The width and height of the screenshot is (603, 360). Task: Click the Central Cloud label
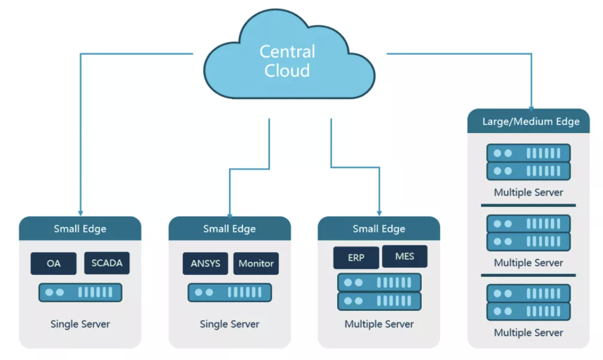click(288, 61)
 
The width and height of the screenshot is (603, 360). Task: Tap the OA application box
click(54, 263)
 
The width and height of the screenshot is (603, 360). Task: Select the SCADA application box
click(107, 263)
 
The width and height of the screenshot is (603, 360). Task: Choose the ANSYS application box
click(205, 263)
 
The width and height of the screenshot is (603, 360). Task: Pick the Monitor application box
click(256, 263)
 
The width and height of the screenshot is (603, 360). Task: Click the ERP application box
click(356, 257)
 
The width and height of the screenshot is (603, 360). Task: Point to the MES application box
click(404, 256)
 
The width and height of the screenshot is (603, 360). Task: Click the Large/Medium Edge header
click(529, 121)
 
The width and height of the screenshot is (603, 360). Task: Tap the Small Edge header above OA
click(80, 229)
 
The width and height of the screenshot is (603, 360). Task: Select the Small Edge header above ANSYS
click(229, 229)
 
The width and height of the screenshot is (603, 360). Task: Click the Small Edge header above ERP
click(379, 229)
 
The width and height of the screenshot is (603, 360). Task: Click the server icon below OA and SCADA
click(81, 292)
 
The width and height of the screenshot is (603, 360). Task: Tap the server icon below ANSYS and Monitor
click(229, 292)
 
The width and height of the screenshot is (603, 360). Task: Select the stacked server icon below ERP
click(379, 292)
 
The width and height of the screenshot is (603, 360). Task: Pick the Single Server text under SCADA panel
click(80, 324)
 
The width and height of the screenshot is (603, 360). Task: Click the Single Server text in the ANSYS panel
click(229, 324)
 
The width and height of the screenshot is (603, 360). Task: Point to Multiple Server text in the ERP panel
click(379, 324)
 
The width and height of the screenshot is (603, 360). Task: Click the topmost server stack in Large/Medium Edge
click(529, 162)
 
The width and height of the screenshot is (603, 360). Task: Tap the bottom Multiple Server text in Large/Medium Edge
click(529, 333)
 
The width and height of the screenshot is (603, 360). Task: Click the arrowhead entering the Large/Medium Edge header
click(531, 109)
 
